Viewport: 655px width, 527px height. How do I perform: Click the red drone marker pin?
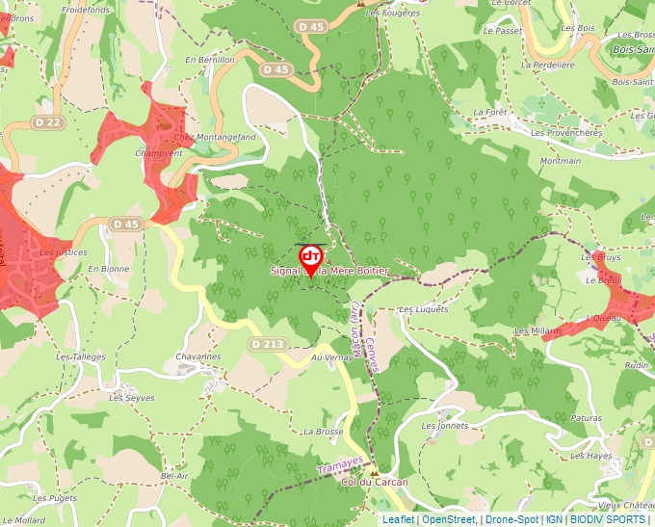point(311,259)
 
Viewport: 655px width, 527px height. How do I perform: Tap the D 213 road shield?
point(268,344)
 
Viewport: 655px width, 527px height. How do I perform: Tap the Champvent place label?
point(159,153)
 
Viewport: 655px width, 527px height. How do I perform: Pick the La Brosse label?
point(323,432)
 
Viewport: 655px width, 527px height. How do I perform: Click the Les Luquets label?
point(423,309)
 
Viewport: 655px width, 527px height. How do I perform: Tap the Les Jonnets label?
point(445,425)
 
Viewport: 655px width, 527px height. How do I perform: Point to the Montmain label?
point(561,161)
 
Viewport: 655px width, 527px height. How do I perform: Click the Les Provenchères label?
point(565,132)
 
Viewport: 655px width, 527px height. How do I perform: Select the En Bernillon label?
point(210,60)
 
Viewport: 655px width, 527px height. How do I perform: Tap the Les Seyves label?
point(131,397)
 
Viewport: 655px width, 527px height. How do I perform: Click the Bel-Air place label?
point(174,476)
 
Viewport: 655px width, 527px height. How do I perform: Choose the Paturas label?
point(586,418)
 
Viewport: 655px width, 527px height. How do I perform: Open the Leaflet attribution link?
point(398,519)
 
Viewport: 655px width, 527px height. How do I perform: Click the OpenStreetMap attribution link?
point(448,519)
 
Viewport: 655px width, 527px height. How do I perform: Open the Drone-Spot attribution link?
point(511,519)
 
